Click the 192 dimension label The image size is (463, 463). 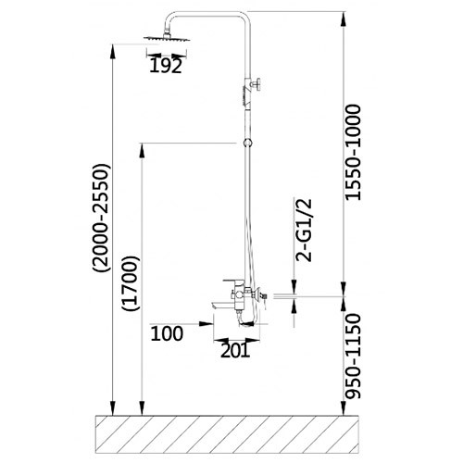pyautogui.click(x=166, y=66)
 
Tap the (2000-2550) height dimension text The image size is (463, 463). pyautogui.click(x=101, y=218)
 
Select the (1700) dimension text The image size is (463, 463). pyautogui.click(x=131, y=283)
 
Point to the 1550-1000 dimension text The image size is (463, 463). pyautogui.click(x=353, y=153)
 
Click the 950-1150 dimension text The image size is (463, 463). pyautogui.click(x=353, y=356)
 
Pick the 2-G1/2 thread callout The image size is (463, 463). pyautogui.click(x=304, y=231)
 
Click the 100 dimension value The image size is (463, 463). pyautogui.click(x=167, y=333)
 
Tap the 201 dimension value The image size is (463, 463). pyautogui.click(x=235, y=351)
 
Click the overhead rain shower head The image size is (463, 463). pyautogui.click(x=167, y=37)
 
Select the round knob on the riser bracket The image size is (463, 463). pyautogui.click(x=257, y=83)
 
